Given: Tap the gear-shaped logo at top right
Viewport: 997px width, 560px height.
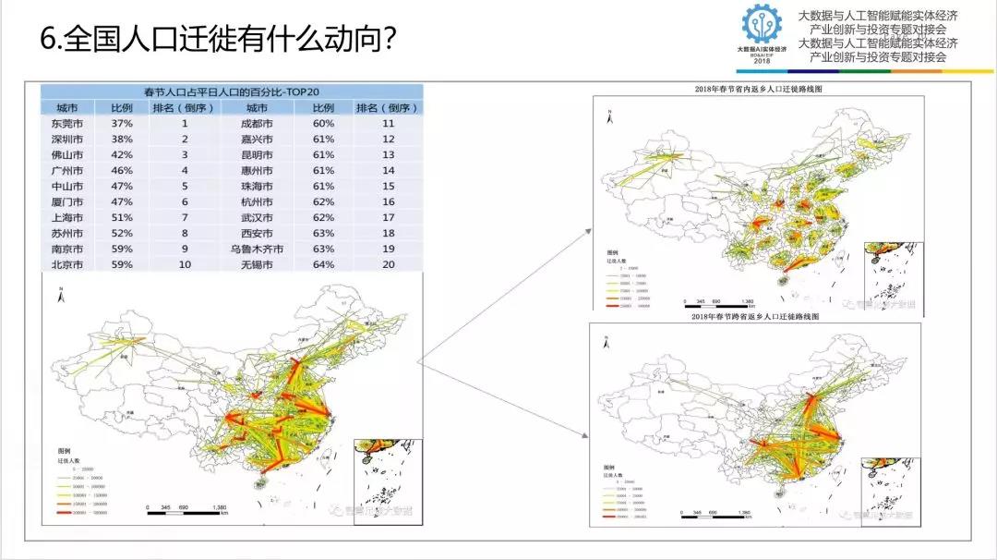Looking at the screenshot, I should [761, 25].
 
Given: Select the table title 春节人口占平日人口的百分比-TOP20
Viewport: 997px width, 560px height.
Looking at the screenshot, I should [231, 91].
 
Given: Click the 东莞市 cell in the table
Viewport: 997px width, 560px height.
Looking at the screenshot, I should [68, 123].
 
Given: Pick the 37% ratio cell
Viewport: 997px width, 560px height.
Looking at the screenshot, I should [122, 123].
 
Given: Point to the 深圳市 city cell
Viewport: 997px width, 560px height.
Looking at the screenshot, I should [68, 139].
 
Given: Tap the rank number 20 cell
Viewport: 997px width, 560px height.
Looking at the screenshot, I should [388, 264].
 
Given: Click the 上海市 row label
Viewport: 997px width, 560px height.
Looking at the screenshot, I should [68, 217].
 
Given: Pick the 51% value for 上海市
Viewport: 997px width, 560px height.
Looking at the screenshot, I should [122, 217].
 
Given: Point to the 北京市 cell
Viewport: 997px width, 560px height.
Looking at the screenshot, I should [68, 264].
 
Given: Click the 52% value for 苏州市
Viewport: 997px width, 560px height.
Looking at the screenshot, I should [122, 233].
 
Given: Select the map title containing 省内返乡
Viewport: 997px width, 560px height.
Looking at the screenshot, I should [756, 89].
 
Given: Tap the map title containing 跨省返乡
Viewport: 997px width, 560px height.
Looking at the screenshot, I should [756, 316].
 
